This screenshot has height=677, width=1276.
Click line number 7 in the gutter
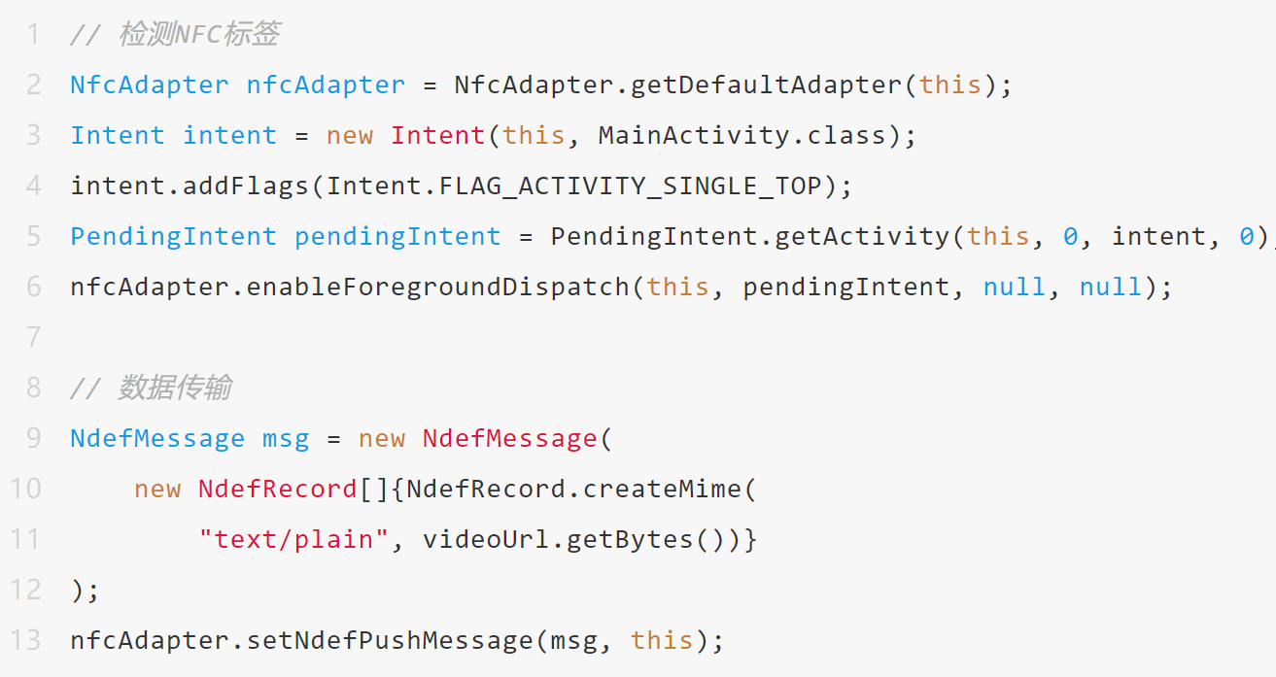(x=34, y=337)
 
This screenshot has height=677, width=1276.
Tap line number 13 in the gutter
(x=26, y=640)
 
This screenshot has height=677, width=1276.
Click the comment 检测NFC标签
(x=199, y=35)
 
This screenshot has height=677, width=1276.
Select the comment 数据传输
(x=175, y=389)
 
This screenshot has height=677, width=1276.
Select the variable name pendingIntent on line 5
(x=397, y=237)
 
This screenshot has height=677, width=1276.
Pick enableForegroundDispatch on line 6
(x=438, y=288)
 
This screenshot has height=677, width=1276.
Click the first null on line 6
(x=1015, y=288)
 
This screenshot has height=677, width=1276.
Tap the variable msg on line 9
(x=286, y=439)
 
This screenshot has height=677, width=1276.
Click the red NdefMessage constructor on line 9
(x=509, y=439)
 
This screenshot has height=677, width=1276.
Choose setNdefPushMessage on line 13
(x=390, y=641)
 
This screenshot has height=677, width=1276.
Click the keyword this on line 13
(x=662, y=641)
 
